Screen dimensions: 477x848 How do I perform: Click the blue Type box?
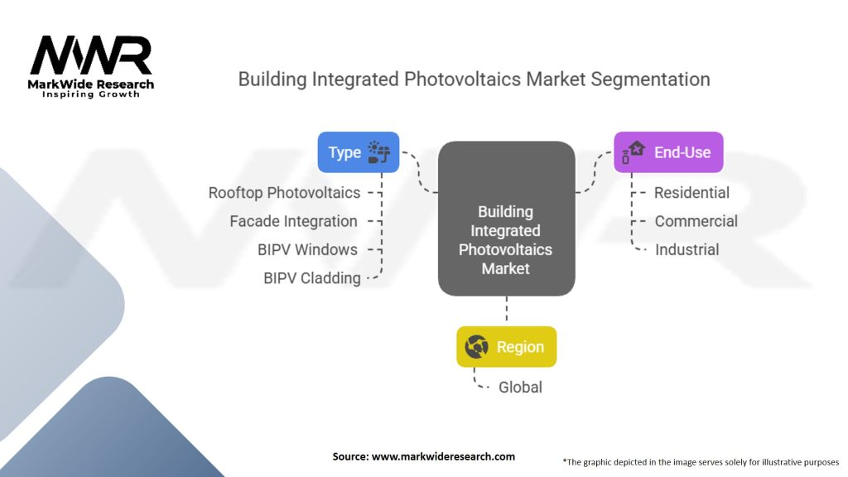coord(358,152)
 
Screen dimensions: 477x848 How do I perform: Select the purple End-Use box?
coord(667,152)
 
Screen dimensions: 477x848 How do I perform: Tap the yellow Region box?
coord(506,347)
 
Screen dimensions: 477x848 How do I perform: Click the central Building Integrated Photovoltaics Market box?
coord(506,219)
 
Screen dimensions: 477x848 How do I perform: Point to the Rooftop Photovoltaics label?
coord(284,193)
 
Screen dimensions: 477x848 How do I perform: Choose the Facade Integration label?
coord(293,221)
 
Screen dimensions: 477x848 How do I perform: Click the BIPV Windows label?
coord(307,249)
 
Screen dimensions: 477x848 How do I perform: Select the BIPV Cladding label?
coord(311,278)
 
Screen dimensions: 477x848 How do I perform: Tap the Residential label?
coord(691,193)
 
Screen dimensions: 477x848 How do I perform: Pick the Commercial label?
coord(696,221)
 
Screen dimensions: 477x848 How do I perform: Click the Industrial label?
coord(687,249)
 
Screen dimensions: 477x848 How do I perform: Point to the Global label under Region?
coord(519,387)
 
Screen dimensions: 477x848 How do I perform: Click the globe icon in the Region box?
coord(477,347)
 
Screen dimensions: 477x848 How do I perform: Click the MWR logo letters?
coord(91,56)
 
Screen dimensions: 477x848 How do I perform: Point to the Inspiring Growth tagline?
coord(91,94)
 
